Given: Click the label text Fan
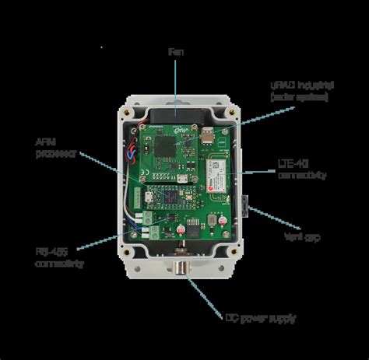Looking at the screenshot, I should [175, 52].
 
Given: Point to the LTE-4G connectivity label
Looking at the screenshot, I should [301, 170].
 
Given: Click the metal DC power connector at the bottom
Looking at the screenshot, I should [180, 272].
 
